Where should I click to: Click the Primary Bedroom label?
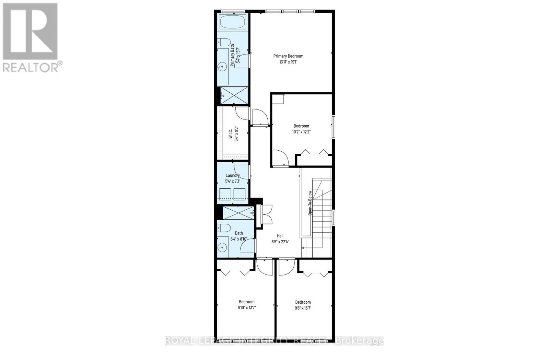288,56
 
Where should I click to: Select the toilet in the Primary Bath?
224,42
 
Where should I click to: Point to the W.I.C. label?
231,133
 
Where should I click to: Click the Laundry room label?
233,175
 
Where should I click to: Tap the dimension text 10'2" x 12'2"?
301,131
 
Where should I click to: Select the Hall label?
280,236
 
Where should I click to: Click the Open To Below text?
309,202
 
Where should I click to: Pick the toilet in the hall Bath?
224,227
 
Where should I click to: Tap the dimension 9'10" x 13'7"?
247,308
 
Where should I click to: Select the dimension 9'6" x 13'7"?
303,308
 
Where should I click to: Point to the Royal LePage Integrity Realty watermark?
274,341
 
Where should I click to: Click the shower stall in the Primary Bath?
234,95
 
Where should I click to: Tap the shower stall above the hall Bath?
238,213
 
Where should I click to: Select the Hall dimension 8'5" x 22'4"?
280,242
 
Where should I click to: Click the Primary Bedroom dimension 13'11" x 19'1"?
288,62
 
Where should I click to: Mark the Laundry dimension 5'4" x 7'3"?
233,181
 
